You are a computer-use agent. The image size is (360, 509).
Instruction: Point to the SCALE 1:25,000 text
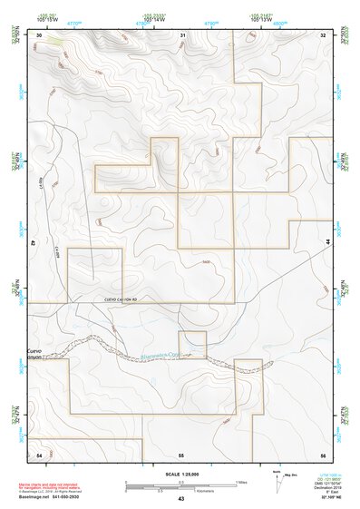(180, 475)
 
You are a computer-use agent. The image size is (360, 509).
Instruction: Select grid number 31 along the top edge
(182, 34)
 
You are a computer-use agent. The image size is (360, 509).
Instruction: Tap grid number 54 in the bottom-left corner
(39, 453)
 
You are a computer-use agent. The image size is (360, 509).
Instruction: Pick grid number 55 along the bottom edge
(181, 453)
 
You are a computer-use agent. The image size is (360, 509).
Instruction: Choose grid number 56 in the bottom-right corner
(322, 453)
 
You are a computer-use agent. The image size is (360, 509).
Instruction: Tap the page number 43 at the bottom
(180, 500)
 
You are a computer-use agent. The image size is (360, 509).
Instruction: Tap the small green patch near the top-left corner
(56, 40)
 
